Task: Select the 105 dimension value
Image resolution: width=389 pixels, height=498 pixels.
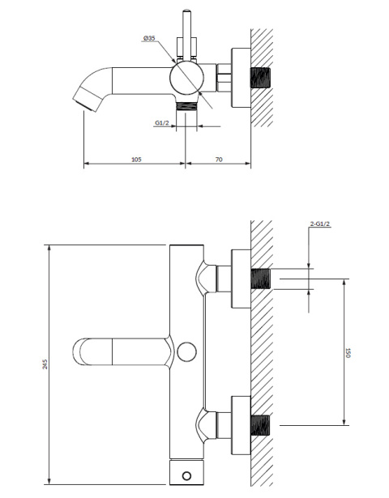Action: click(x=135, y=160)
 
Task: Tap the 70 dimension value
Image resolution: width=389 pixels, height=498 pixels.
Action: click(x=219, y=160)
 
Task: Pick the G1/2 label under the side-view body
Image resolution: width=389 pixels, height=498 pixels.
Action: click(x=162, y=124)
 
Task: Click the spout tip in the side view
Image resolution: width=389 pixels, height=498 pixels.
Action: click(x=81, y=101)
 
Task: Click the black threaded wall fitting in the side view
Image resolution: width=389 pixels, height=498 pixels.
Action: click(x=261, y=83)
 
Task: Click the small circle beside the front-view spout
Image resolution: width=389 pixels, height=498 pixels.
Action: click(x=186, y=351)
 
